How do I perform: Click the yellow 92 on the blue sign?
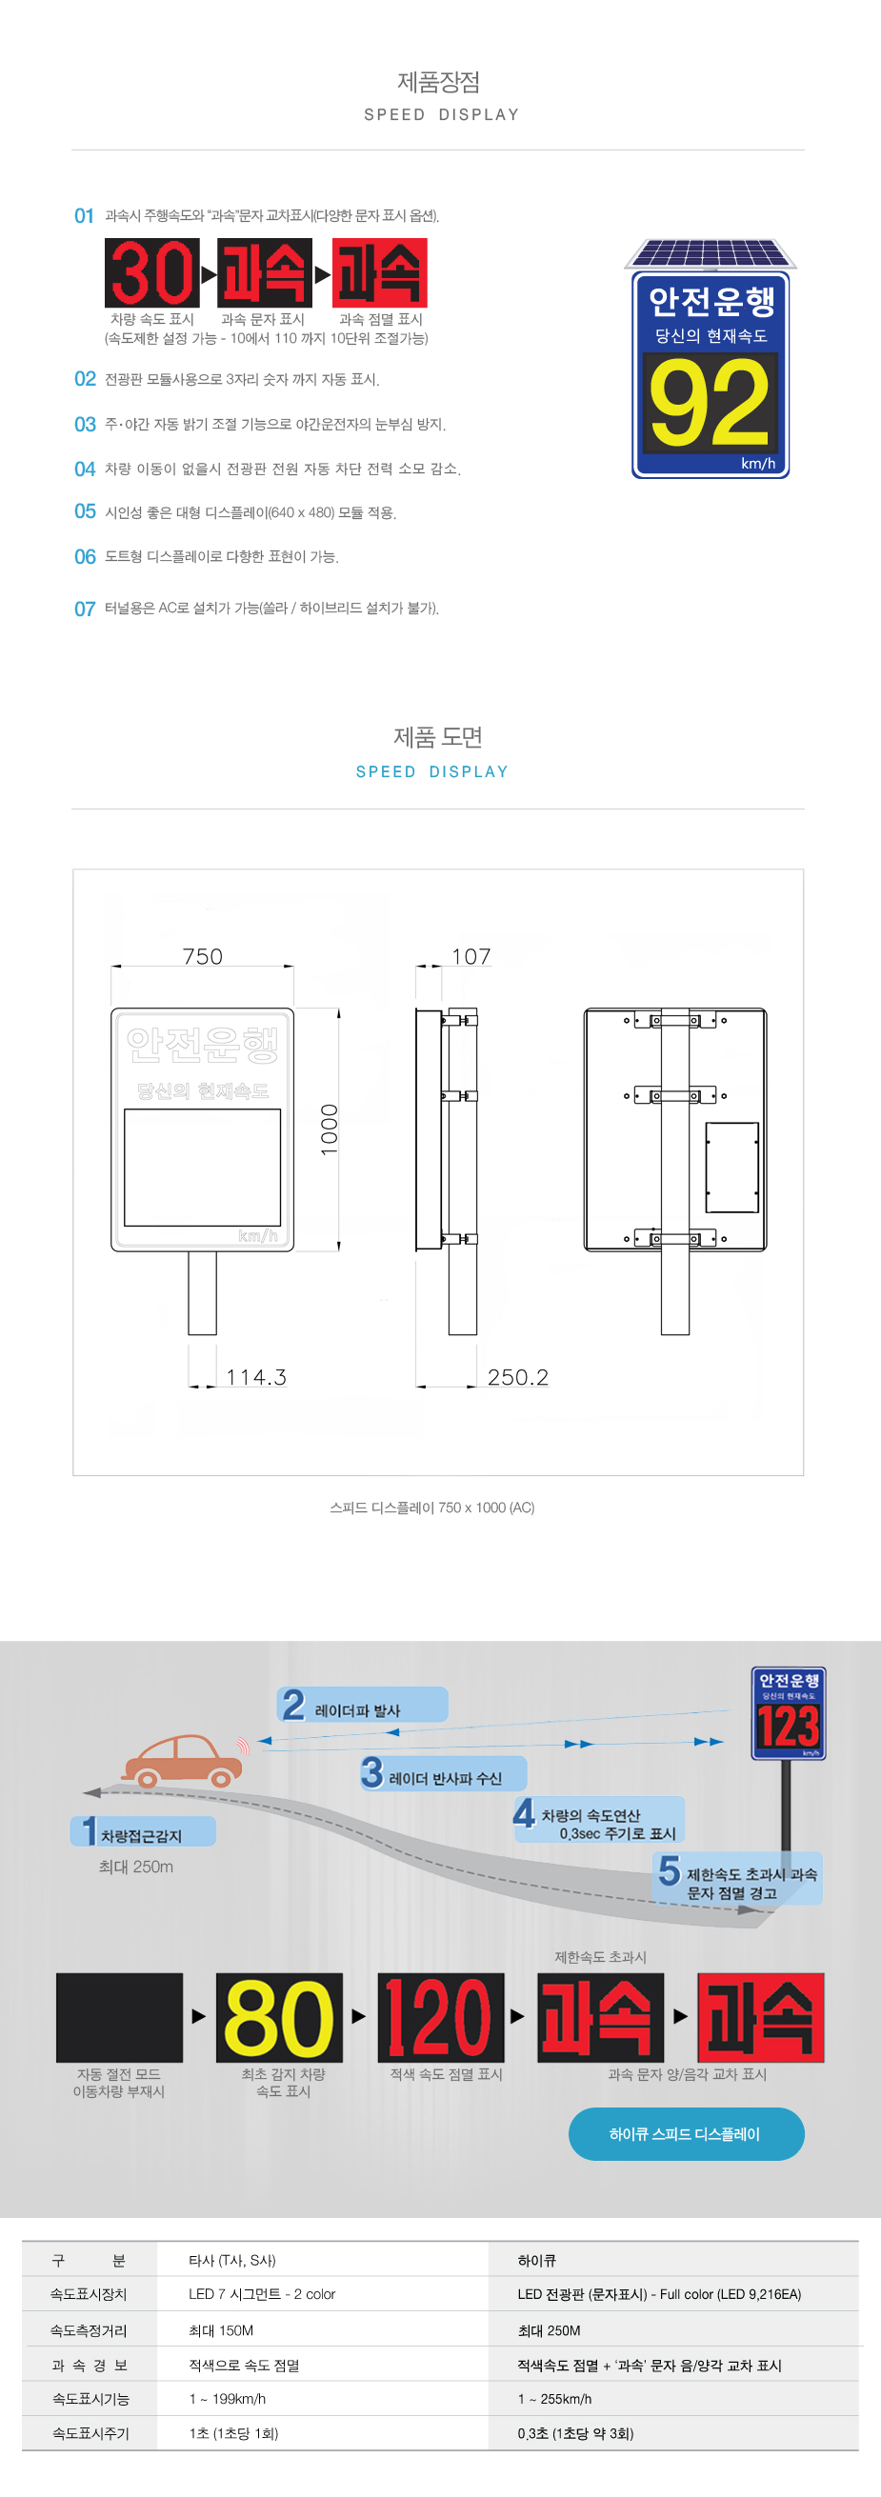point(710,401)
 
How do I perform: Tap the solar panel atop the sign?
point(711,253)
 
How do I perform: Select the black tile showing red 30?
point(152,272)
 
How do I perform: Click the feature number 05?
point(86,511)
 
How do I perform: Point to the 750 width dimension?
point(203,957)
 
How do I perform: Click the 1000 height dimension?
point(330,1129)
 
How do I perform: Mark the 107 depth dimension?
point(471,957)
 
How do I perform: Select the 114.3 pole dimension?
point(256,1376)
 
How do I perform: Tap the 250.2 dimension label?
point(517,1376)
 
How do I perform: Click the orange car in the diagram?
point(183,1760)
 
